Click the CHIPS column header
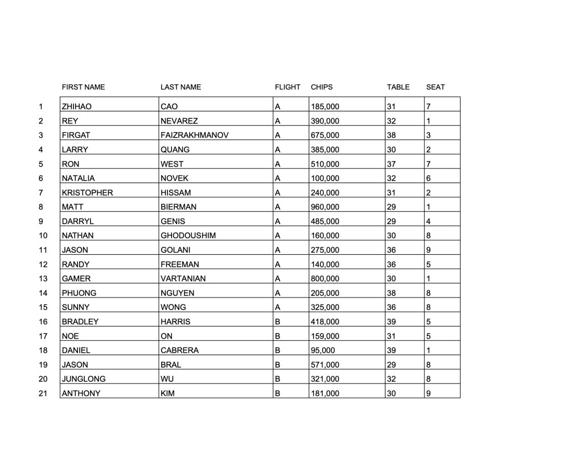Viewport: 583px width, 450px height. [x=322, y=87]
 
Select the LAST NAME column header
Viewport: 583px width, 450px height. [x=180, y=87]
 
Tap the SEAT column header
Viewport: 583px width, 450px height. [x=436, y=87]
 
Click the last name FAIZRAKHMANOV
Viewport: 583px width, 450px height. [x=194, y=135]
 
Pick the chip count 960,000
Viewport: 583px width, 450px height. [x=325, y=207]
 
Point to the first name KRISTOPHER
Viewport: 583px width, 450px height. [x=87, y=193]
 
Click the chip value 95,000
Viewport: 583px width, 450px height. [x=323, y=350]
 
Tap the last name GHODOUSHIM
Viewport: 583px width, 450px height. [x=188, y=236]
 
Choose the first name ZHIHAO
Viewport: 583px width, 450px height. [x=76, y=106]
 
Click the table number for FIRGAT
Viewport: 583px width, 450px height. [x=391, y=135]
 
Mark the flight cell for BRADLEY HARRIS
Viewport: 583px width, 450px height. [x=278, y=322]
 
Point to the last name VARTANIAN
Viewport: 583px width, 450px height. [x=183, y=279]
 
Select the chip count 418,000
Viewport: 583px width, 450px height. [x=325, y=322]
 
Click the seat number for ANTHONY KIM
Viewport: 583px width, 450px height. [x=429, y=394]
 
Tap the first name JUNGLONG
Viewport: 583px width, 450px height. [x=83, y=379]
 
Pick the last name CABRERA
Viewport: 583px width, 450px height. [x=179, y=350]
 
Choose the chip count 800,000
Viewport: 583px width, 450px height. [x=325, y=279]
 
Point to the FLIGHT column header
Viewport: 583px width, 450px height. [x=288, y=87]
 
